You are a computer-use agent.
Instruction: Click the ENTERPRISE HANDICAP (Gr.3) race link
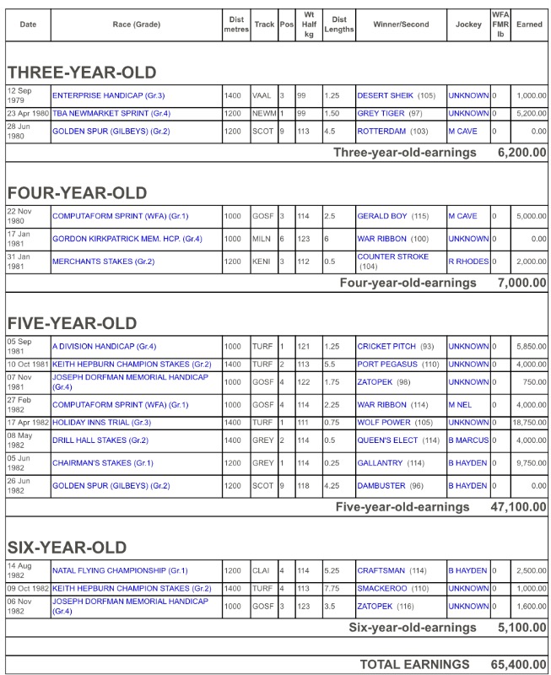click(108, 95)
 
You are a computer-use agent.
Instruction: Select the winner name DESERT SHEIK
click(385, 95)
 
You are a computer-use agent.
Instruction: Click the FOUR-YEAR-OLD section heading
click(77, 192)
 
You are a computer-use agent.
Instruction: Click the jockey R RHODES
click(468, 262)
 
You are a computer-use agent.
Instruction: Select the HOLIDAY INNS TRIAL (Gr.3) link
click(101, 422)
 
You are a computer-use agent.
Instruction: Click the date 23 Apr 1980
click(29, 113)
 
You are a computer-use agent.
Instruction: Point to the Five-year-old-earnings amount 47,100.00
click(518, 507)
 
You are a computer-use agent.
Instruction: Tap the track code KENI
click(262, 262)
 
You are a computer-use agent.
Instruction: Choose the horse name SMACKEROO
click(384, 588)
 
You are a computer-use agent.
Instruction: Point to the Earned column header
click(529, 24)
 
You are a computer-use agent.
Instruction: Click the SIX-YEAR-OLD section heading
click(67, 547)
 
